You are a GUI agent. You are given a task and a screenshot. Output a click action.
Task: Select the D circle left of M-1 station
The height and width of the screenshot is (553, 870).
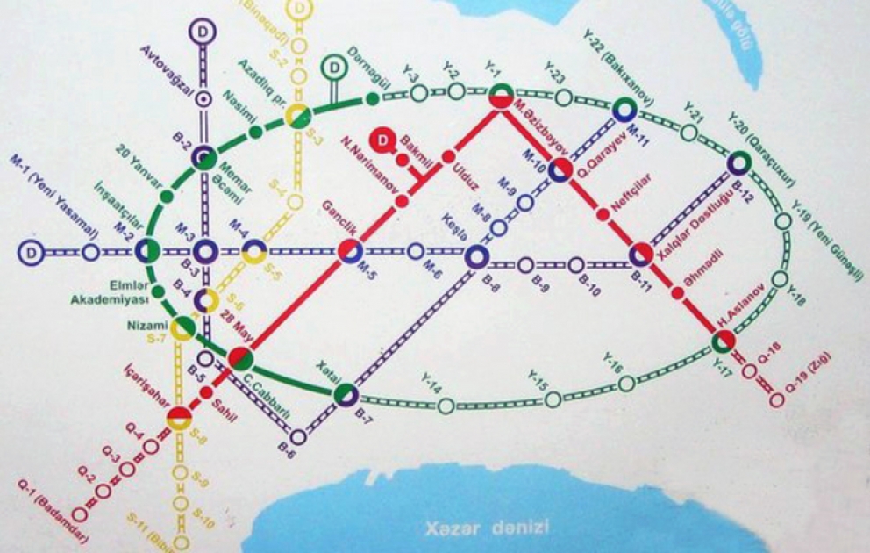[x=31, y=253]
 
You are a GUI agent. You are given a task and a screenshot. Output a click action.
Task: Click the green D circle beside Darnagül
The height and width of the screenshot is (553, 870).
[x=333, y=67]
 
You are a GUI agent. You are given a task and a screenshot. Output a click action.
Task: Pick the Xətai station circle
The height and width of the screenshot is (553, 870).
[x=346, y=394]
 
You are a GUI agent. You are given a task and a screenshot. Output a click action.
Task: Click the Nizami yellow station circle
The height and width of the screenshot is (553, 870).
[x=183, y=329]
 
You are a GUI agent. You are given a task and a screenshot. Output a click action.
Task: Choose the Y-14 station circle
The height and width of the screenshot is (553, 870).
[x=446, y=405]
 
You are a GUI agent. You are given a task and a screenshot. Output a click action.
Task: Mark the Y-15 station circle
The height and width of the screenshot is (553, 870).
[x=553, y=400]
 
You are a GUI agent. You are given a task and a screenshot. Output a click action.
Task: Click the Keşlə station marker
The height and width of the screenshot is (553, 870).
[x=476, y=255]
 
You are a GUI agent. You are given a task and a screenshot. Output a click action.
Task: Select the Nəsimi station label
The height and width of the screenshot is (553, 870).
[x=238, y=105]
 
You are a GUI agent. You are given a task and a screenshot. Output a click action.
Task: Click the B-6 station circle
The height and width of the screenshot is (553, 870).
[x=299, y=436]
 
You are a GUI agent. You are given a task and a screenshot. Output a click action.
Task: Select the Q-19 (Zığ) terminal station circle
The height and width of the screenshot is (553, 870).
[x=776, y=400]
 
